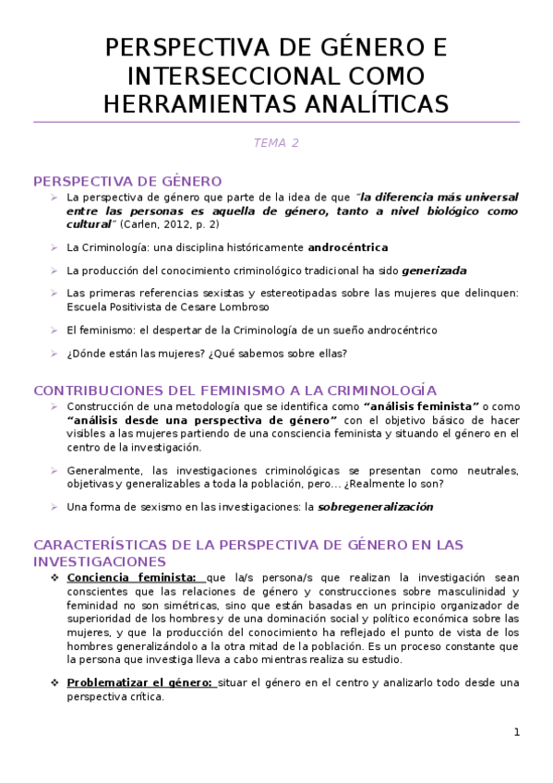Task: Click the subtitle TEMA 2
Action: pyautogui.click(x=276, y=143)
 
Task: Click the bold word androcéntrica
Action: pyautogui.click(x=347, y=247)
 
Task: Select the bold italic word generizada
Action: pyautogui.click(x=434, y=271)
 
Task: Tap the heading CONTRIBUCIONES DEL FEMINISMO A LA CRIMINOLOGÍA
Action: pyautogui.click(x=234, y=391)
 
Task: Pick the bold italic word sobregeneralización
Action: pyautogui.click(x=375, y=507)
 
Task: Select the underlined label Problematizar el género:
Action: pyautogui.click(x=140, y=683)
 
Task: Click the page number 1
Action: pyautogui.click(x=517, y=732)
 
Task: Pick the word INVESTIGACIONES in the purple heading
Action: pyautogui.click(x=100, y=561)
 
